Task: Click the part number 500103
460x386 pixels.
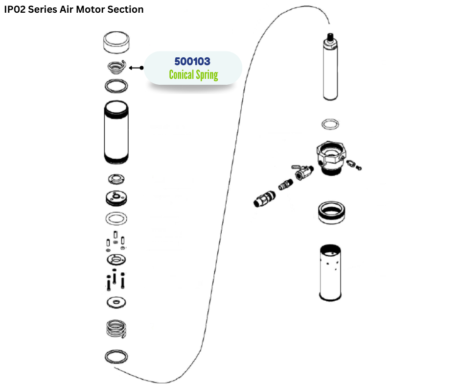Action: [192, 61]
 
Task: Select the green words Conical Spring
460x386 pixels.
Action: [193, 75]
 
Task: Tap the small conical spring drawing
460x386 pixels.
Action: [117, 67]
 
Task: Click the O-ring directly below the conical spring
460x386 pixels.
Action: [117, 86]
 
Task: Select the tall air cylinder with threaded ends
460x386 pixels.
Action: [117, 132]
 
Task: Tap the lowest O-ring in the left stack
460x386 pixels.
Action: [117, 357]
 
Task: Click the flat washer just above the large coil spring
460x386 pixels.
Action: [117, 302]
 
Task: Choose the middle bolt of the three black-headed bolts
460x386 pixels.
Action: [115, 277]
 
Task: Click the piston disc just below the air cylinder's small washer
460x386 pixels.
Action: [117, 198]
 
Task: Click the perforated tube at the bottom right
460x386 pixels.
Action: [330, 272]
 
